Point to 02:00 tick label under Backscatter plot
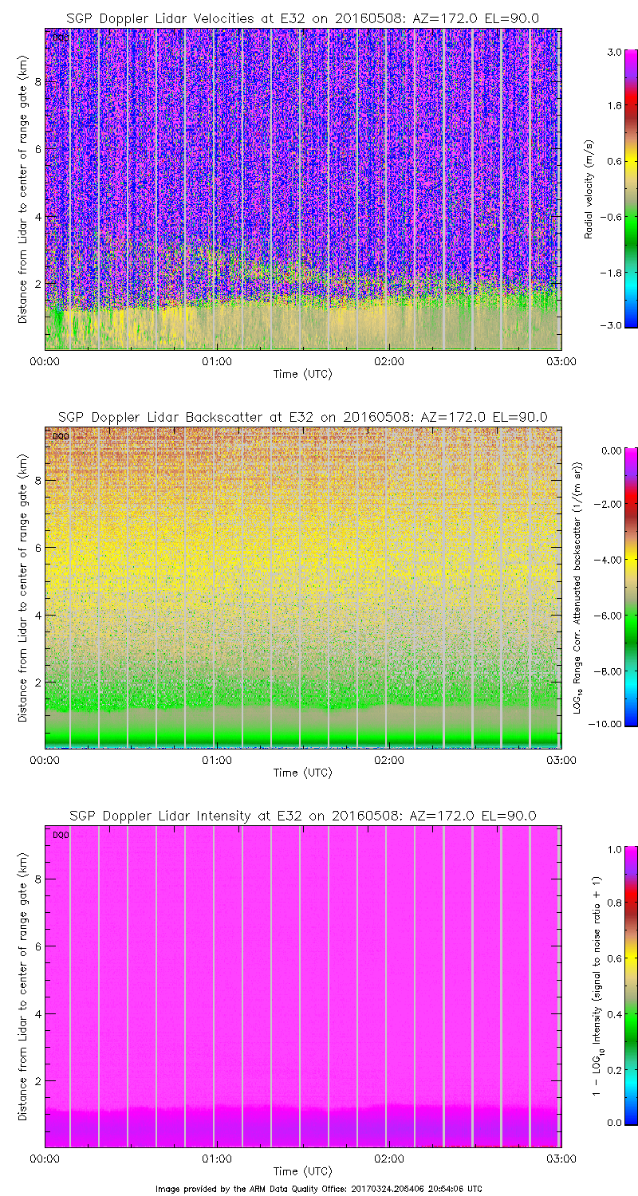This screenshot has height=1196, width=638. tap(388, 760)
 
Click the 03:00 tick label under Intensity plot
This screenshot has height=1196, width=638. tap(561, 1159)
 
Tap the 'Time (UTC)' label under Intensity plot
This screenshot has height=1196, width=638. tap(302, 1171)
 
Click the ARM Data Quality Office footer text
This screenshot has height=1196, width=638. tap(318, 1189)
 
